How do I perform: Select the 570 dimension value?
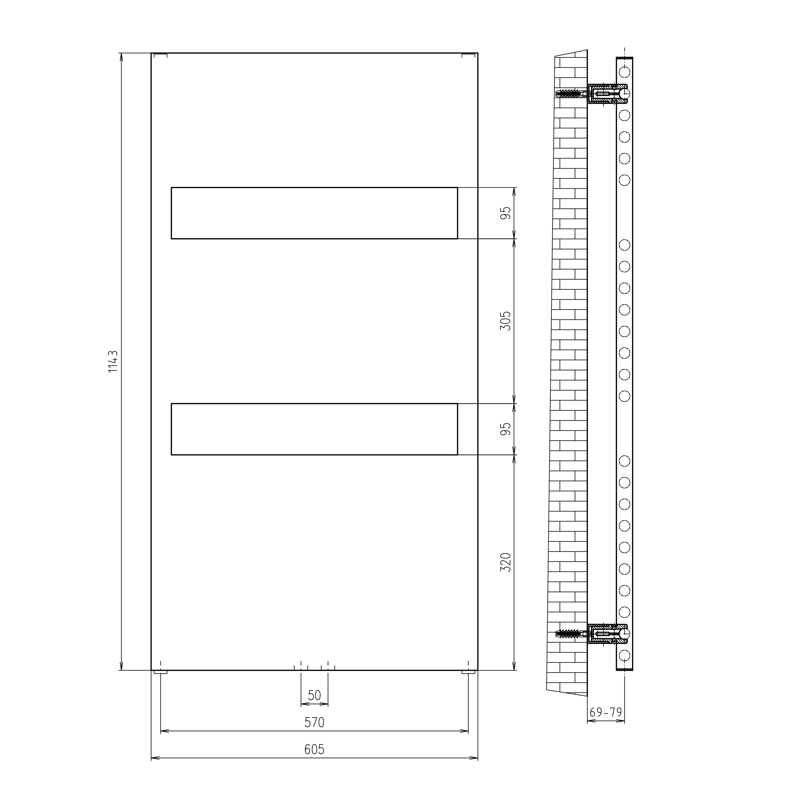[x=314, y=734]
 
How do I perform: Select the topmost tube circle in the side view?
[x=624, y=72]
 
